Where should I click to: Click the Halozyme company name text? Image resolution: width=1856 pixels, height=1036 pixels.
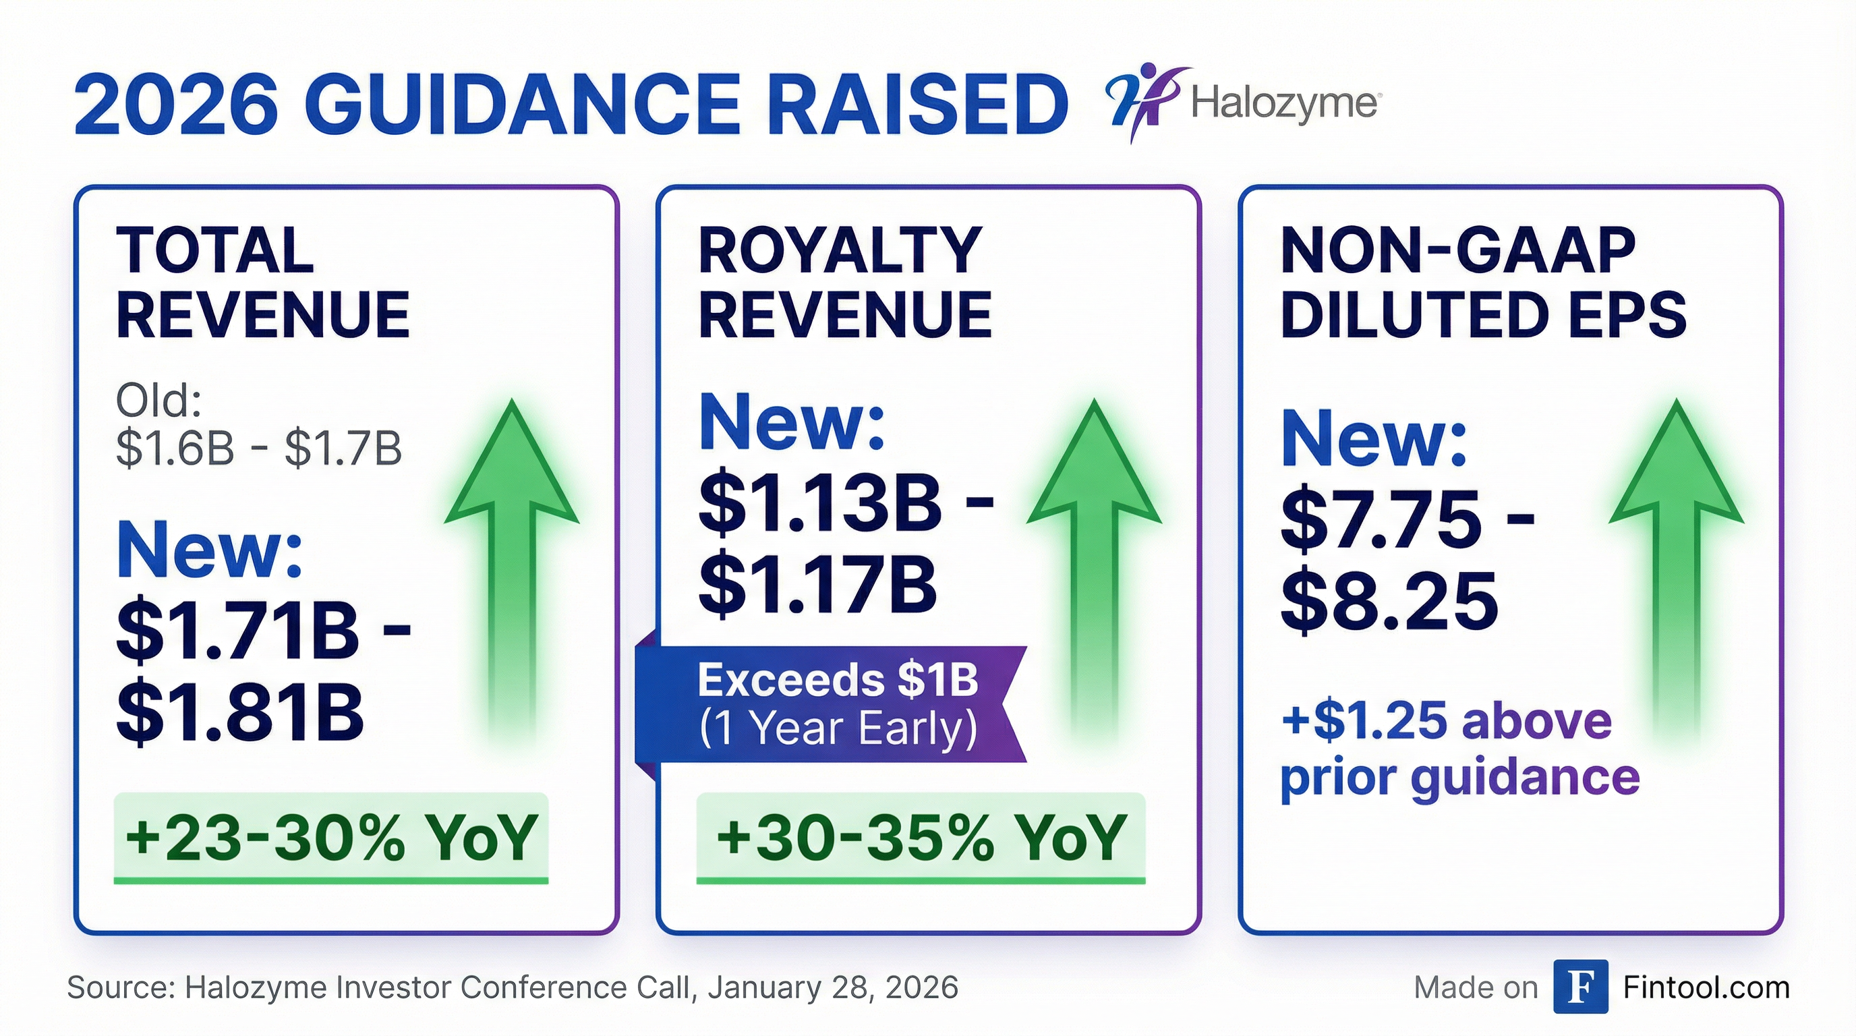(x=1285, y=105)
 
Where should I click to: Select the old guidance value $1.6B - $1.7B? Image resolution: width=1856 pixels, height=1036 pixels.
(x=258, y=448)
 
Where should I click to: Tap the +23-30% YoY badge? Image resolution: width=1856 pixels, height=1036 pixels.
(x=330, y=837)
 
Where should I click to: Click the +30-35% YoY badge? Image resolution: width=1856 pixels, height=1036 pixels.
(x=920, y=837)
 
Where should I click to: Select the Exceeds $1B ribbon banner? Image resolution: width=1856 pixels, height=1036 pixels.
(x=836, y=705)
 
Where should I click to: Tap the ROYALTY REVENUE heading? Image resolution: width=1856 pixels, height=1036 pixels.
(x=844, y=283)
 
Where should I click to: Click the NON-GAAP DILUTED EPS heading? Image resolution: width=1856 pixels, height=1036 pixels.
(x=1483, y=283)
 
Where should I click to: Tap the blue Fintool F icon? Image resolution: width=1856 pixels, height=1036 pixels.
(x=1580, y=987)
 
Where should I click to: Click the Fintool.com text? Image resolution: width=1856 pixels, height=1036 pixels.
(x=1706, y=987)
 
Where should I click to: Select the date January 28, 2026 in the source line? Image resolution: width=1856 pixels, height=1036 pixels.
(x=833, y=987)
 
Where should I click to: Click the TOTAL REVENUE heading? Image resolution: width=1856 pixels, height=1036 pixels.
(x=262, y=283)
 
